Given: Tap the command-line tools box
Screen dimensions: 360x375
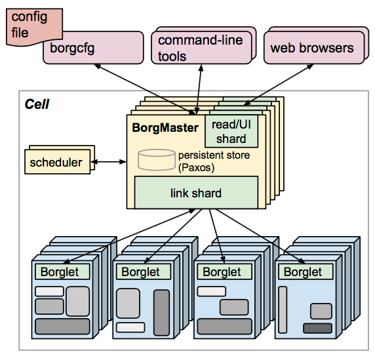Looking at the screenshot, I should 200,47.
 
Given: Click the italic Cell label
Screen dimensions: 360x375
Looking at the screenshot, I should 37,104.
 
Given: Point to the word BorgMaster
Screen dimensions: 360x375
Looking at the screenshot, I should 165,128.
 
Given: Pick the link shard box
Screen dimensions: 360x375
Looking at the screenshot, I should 195,193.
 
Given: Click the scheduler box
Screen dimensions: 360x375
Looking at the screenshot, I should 56,162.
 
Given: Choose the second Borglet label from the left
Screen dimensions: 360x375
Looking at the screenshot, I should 140,271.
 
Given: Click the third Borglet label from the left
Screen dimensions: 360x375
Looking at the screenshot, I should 222,271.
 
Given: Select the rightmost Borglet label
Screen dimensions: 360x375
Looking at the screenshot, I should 303,271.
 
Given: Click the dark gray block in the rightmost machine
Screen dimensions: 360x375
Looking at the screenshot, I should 317,328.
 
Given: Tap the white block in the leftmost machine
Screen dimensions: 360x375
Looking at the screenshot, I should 49,291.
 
